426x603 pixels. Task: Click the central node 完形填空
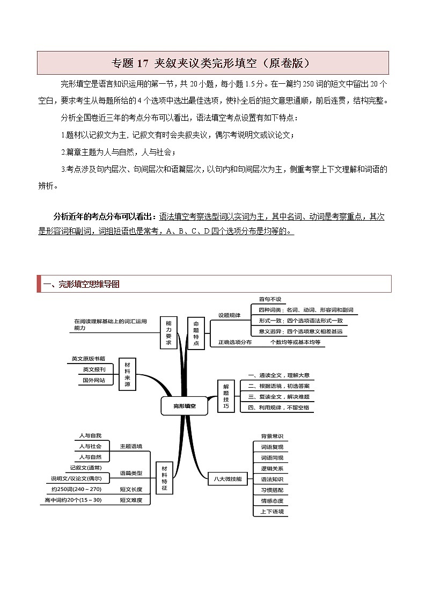click(x=184, y=406)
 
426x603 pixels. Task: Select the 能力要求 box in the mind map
click(x=168, y=333)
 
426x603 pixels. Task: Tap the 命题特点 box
click(x=196, y=333)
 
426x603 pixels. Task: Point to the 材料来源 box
click(x=127, y=374)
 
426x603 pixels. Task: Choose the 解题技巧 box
click(x=226, y=396)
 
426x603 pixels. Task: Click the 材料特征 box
click(x=164, y=478)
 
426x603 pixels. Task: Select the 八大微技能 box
click(x=227, y=478)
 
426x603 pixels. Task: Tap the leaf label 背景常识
click(x=271, y=436)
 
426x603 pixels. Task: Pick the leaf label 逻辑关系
click(x=271, y=468)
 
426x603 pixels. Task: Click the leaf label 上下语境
click(x=271, y=511)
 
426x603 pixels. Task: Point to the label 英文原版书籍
click(x=89, y=359)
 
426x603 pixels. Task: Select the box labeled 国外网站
click(x=94, y=380)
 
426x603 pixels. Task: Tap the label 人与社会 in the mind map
click(x=90, y=446)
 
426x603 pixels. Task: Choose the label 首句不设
click(x=270, y=299)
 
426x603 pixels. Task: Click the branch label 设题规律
click(x=229, y=315)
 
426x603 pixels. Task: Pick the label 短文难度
click(x=131, y=500)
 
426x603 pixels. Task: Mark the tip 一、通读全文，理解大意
click(x=278, y=375)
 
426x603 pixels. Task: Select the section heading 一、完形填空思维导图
click(x=82, y=284)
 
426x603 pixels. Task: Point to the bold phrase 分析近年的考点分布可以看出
click(x=105, y=217)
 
